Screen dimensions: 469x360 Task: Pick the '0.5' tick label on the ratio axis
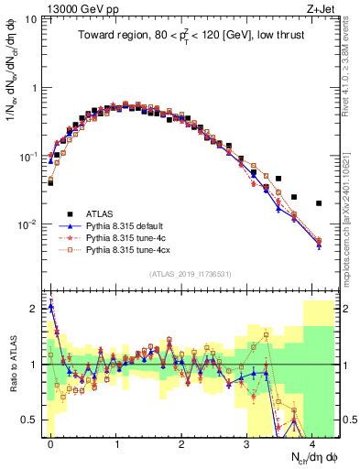[29, 420]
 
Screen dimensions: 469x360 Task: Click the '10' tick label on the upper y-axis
[30, 19]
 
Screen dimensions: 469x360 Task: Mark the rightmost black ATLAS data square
[319, 203]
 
